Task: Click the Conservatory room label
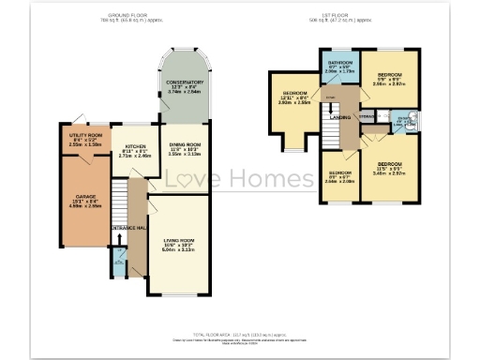tap(185, 82)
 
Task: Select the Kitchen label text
tap(135, 147)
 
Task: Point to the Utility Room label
tap(85, 137)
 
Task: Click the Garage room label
tap(86, 197)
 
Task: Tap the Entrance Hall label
tap(127, 229)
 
